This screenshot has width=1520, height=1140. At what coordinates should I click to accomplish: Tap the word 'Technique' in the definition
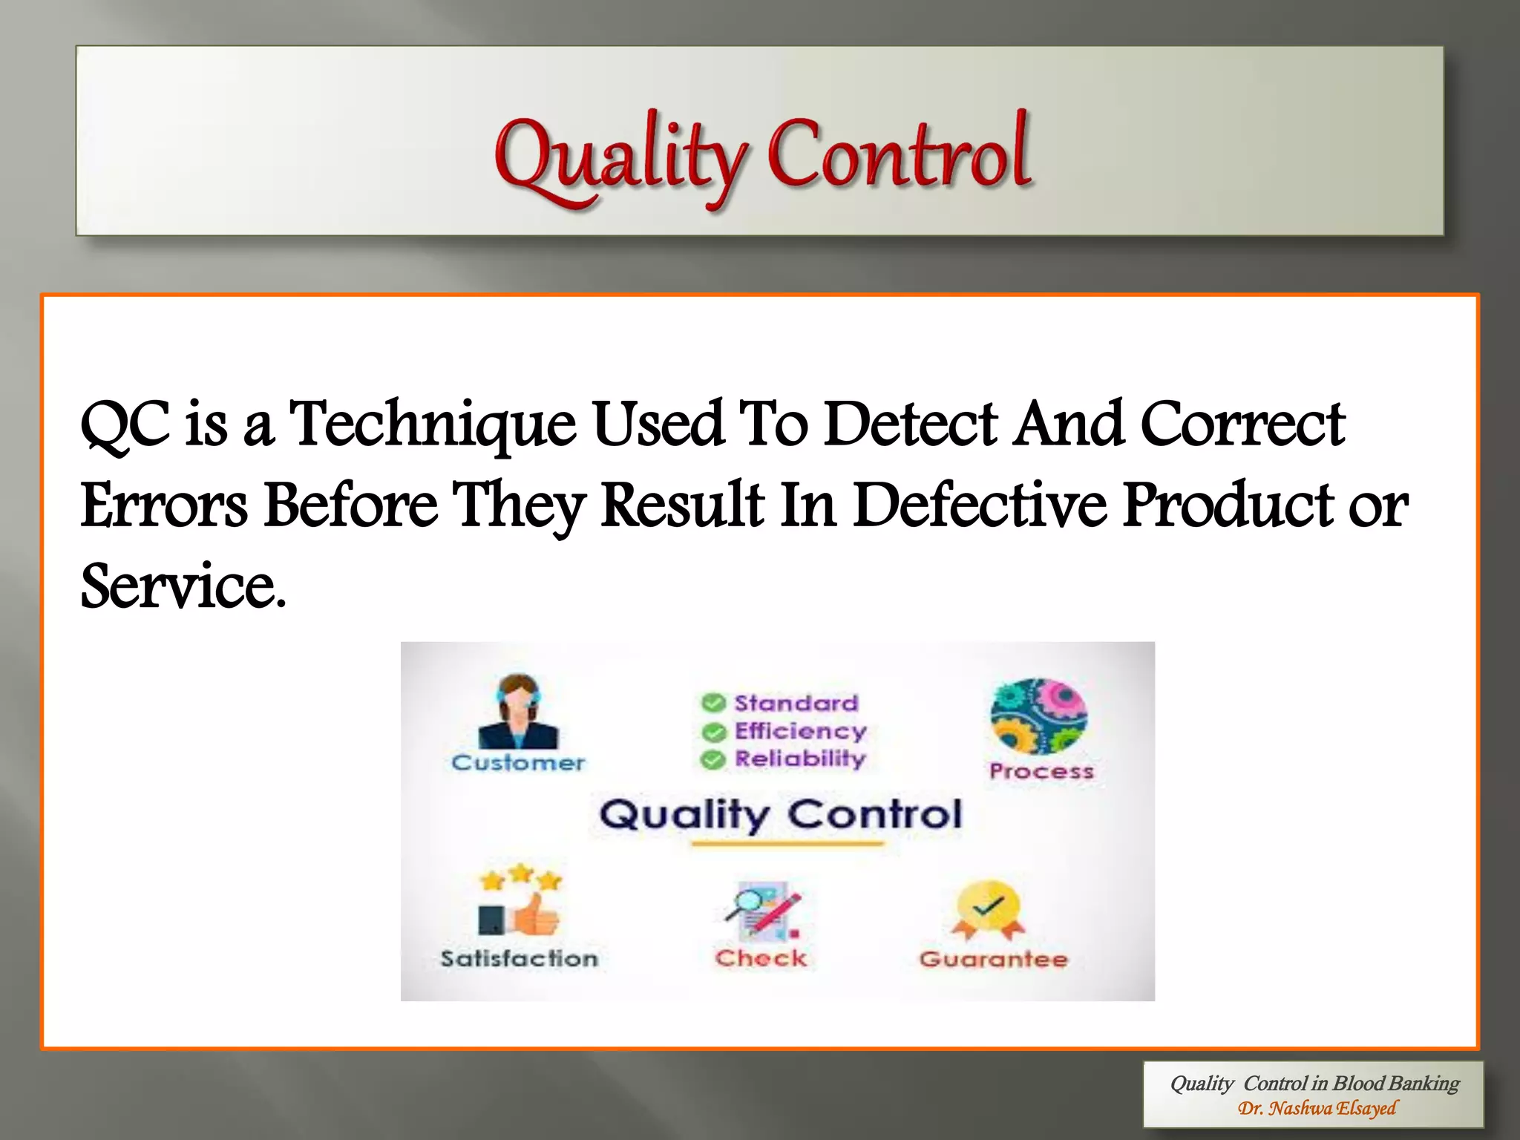pyautogui.click(x=432, y=425)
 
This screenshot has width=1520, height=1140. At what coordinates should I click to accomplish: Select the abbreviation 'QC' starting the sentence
pyautogui.click(x=125, y=425)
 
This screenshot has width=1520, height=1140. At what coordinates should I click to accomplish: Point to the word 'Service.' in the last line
pyautogui.click(x=183, y=586)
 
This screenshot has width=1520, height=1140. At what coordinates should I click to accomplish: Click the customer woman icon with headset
pyautogui.click(x=517, y=711)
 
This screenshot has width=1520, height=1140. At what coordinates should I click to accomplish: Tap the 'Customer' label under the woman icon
pyautogui.click(x=517, y=762)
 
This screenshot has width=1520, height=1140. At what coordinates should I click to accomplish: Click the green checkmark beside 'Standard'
pyautogui.click(x=713, y=703)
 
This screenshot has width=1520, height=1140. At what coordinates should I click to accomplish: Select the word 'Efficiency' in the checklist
pyautogui.click(x=800, y=731)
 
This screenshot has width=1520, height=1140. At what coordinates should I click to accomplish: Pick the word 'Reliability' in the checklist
pyautogui.click(x=800, y=759)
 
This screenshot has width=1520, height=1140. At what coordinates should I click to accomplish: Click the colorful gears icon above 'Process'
pyautogui.click(x=1038, y=716)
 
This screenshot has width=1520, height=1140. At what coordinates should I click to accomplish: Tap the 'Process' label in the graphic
pyautogui.click(x=1041, y=771)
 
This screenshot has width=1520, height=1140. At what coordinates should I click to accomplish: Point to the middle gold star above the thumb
pyautogui.click(x=521, y=873)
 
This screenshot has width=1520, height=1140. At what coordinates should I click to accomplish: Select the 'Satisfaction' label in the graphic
pyautogui.click(x=519, y=958)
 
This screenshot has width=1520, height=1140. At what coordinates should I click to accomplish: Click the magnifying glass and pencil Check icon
pyautogui.click(x=762, y=910)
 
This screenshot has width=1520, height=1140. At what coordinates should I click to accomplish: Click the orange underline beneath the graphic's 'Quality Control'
pyautogui.click(x=787, y=844)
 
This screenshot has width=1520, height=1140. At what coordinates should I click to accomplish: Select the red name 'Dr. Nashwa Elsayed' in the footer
pyautogui.click(x=1317, y=1109)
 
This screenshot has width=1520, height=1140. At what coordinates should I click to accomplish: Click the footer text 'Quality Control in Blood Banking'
pyautogui.click(x=1314, y=1084)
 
